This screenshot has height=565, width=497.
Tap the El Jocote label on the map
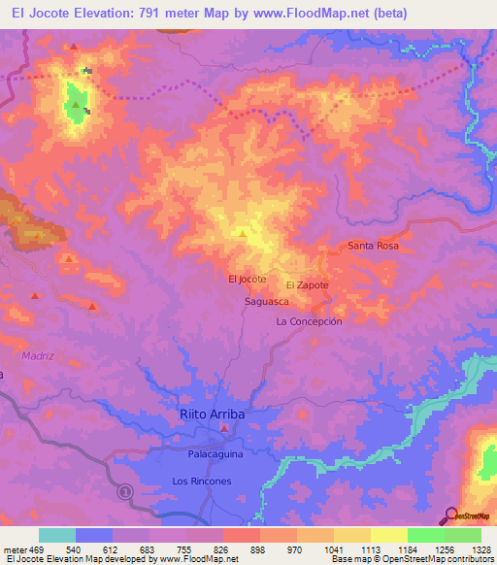tap(247, 279)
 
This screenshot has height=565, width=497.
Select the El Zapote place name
tap(308, 284)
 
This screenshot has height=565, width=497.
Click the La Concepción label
tap(310, 321)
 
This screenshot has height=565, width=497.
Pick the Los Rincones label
tap(201, 482)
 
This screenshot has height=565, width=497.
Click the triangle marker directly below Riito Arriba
tap(224, 428)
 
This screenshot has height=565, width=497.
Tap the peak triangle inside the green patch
tap(75, 104)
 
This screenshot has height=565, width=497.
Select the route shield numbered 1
tap(123, 492)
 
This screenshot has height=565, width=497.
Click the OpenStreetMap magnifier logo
tap(450, 515)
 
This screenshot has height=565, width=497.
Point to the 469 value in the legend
tap(37, 550)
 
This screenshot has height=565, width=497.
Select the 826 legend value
tap(222, 550)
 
